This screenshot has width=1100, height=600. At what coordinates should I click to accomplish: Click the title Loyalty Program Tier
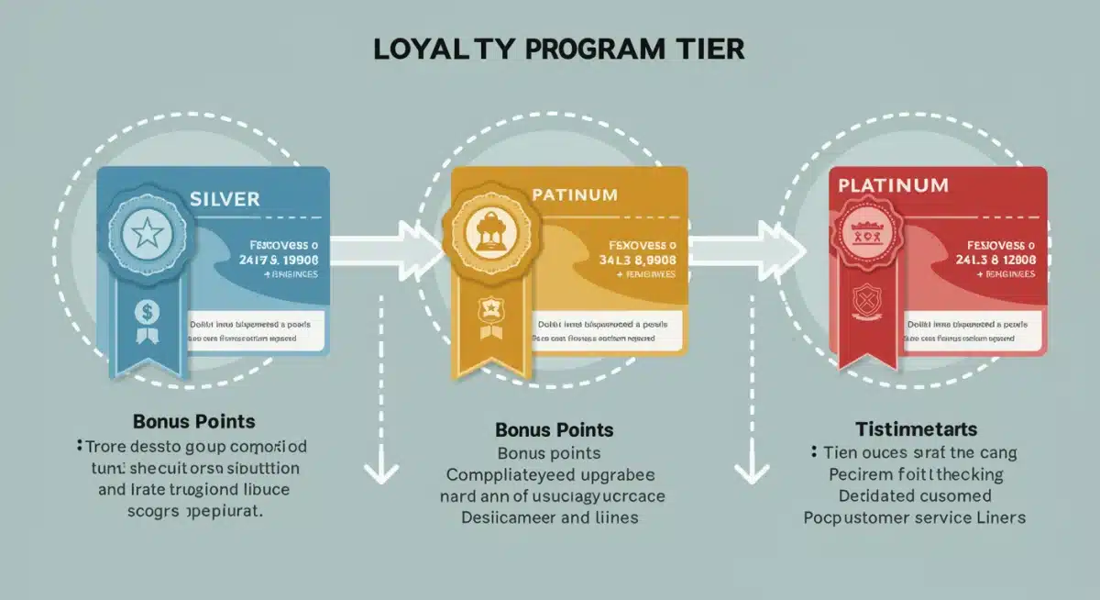tap(558, 49)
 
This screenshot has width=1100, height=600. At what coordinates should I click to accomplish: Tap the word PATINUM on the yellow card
tap(574, 195)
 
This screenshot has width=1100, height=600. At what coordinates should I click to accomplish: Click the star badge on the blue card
tap(147, 235)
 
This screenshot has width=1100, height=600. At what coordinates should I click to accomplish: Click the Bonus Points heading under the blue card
tap(193, 422)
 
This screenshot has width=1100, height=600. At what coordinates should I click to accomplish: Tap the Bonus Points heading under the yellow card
tap(554, 429)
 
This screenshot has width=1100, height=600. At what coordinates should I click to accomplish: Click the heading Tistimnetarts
tap(916, 428)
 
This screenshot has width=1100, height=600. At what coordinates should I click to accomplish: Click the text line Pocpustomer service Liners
tap(914, 517)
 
